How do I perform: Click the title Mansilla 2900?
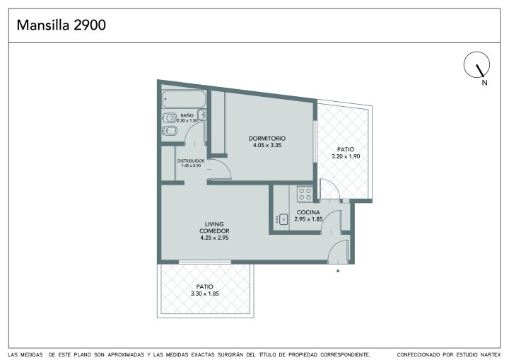(61, 25)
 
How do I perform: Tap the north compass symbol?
(476, 65)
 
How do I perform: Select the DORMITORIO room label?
(267, 139)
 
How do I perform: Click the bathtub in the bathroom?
(184, 99)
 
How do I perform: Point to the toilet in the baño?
(169, 117)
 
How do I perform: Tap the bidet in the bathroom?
(169, 131)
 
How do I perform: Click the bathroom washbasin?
(202, 115)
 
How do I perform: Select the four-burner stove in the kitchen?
(305, 194)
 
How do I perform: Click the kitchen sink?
(281, 220)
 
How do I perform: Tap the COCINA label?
(308, 212)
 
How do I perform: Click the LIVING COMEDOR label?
(214, 228)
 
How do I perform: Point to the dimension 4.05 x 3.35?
(267, 145)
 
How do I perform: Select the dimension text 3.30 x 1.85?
(205, 294)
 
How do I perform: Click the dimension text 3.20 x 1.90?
(346, 156)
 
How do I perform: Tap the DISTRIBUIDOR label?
(191, 161)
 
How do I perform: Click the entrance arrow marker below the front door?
(338, 270)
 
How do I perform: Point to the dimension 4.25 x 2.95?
(214, 238)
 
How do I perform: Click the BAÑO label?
(187, 115)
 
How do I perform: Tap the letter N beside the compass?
(485, 83)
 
